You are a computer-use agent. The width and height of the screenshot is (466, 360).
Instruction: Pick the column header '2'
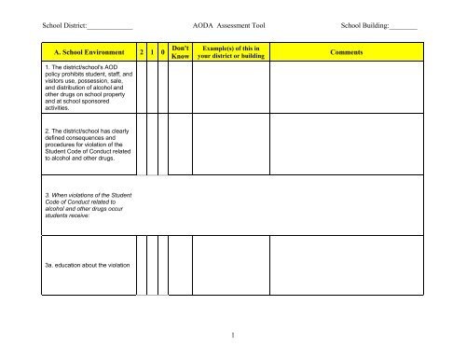tap(141, 54)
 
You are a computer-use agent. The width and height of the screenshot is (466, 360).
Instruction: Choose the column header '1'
tap(153, 54)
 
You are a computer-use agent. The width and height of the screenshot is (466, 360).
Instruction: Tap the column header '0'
tap(164, 54)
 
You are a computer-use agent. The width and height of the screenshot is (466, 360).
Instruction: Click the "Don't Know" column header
tap(182, 54)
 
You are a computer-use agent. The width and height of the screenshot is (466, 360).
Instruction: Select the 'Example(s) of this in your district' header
tap(231, 54)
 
